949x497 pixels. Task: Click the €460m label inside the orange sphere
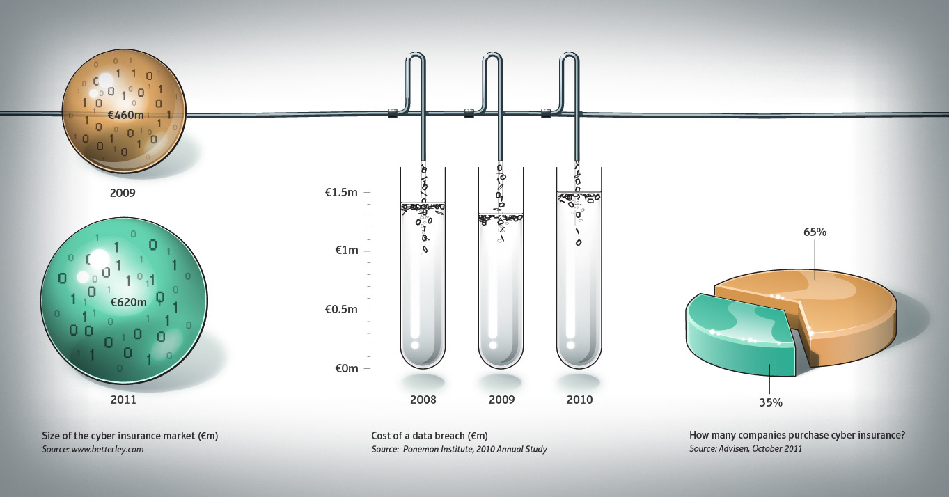126,115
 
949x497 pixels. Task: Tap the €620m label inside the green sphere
128,302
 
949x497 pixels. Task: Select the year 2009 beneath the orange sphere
123,193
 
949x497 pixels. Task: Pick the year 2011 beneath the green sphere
123,400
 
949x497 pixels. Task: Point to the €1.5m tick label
341,192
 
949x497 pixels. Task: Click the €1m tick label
347,251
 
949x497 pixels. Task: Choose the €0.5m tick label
341,309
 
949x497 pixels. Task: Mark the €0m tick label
347,368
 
